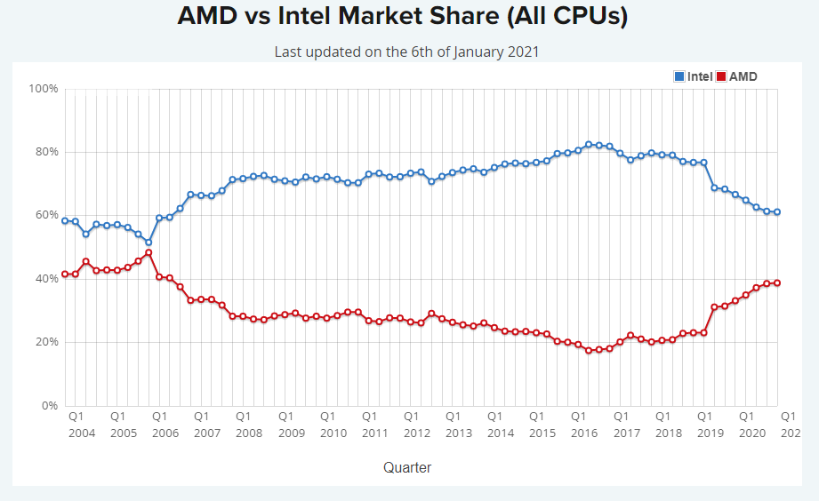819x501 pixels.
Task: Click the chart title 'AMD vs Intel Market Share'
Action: (x=403, y=16)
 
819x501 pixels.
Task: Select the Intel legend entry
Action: (x=693, y=76)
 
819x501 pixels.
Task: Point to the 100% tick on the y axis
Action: (x=44, y=89)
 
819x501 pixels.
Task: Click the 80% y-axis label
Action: (x=46, y=152)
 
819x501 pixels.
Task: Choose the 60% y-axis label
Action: (x=46, y=215)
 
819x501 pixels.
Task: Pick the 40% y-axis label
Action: (x=46, y=279)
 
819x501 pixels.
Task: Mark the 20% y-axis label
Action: (x=46, y=342)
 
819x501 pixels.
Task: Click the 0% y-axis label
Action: (x=50, y=406)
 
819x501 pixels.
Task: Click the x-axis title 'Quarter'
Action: (x=407, y=467)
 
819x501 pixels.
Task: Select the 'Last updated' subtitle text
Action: (x=406, y=52)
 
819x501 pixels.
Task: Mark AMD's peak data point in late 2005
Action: (x=149, y=252)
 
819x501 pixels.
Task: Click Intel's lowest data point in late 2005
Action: (x=149, y=243)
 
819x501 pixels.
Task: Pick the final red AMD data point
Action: (x=777, y=283)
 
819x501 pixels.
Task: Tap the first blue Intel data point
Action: (x=65, y=220)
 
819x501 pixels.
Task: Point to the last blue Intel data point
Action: (x=777, y=211)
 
